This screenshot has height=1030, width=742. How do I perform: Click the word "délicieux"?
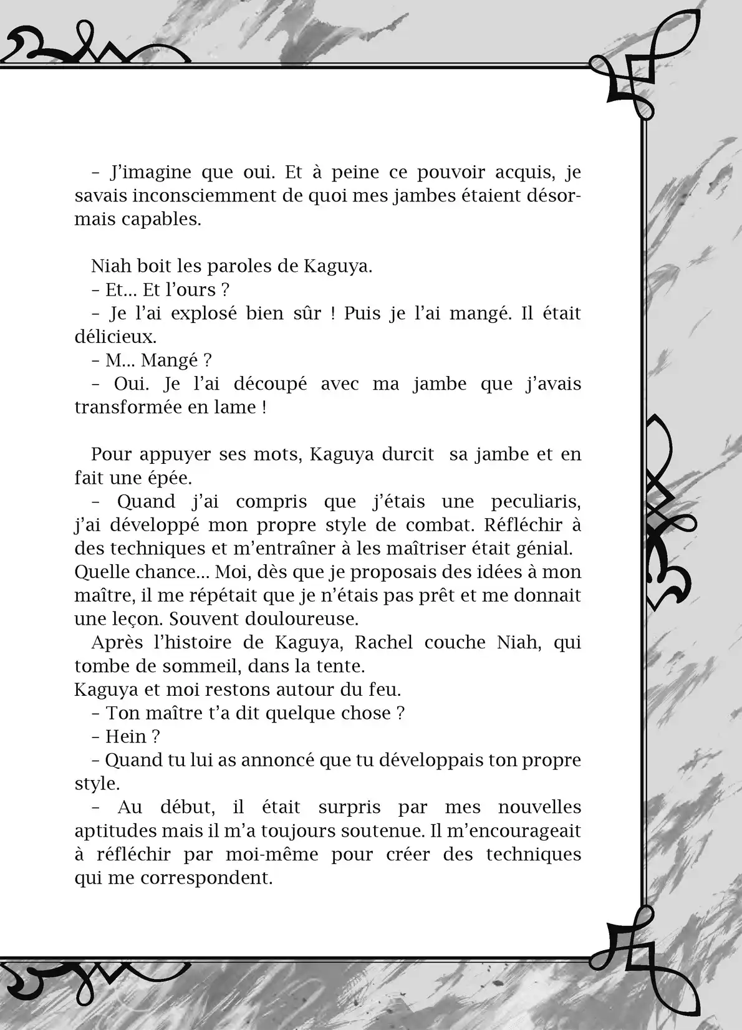(x=115, y=337)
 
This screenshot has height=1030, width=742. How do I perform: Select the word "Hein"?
(x=125, y=736)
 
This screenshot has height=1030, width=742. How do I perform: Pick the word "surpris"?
(x=349, y=807)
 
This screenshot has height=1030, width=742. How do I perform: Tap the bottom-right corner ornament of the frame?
(x=624, y=954)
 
